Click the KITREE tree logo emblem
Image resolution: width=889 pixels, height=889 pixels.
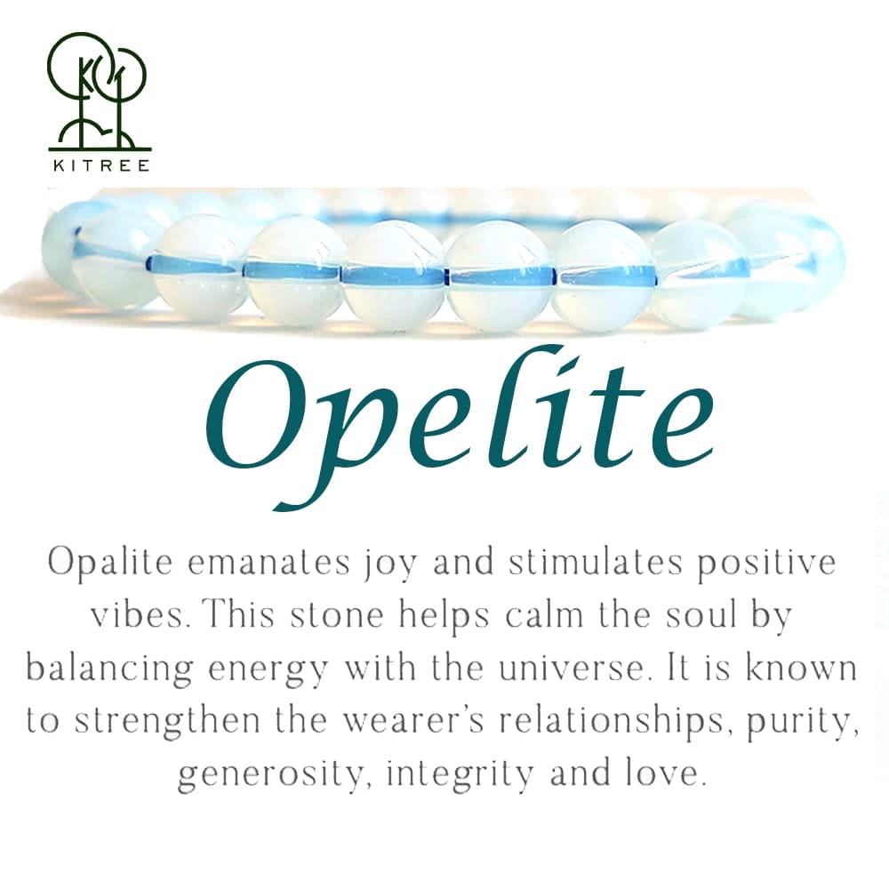[99, 89]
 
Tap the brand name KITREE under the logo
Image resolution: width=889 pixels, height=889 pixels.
[99, 164]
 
